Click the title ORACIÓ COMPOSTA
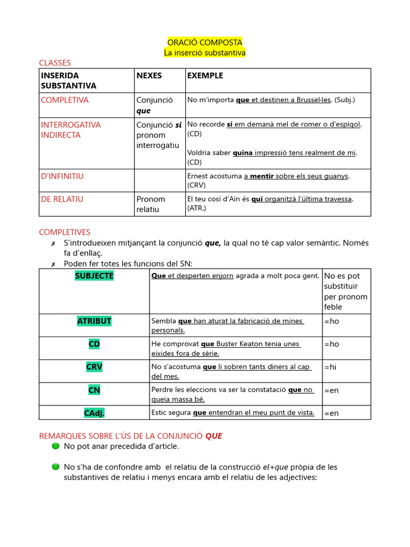204,42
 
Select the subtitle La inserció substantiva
204,52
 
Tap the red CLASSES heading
55,63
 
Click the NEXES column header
149,75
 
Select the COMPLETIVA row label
65,100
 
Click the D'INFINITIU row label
62,176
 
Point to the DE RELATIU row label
62,199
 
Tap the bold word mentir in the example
262,176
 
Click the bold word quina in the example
242,153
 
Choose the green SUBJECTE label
94,276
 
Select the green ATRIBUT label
94,321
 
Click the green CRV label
94,367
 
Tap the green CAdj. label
94,413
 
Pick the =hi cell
331,367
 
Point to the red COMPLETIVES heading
65,232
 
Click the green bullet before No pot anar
56,446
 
